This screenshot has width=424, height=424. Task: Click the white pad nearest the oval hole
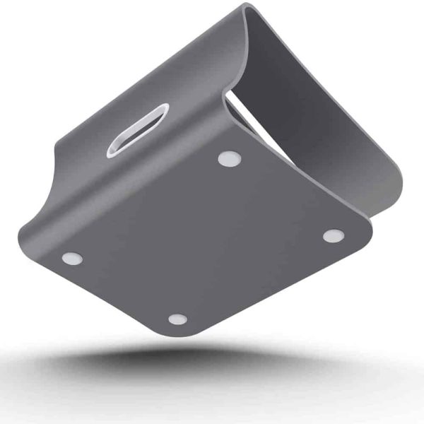point(228,159)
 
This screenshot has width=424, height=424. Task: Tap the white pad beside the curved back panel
point(333,235)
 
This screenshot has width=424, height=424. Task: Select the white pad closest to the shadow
point(177,319)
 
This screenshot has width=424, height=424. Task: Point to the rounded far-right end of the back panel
point(393,198)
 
